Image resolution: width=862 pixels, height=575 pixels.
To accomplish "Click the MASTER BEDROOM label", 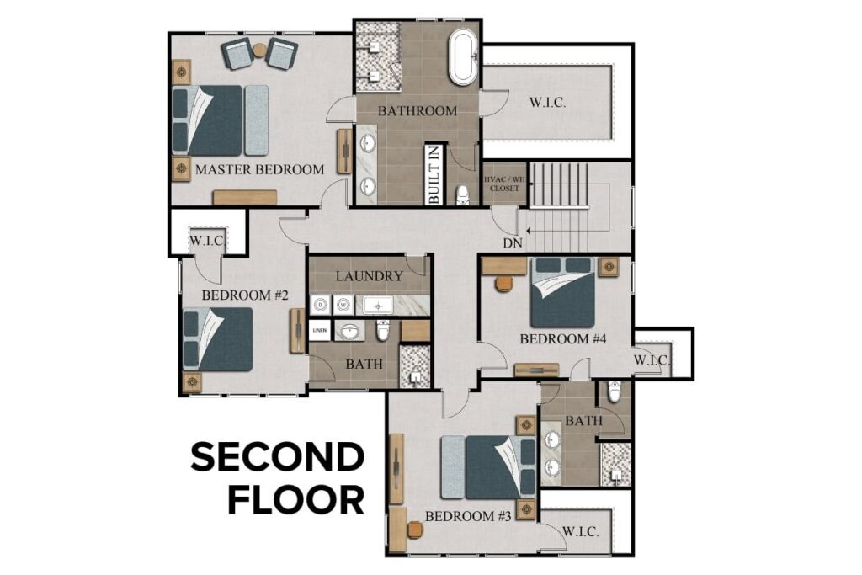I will click(x=259, y=169).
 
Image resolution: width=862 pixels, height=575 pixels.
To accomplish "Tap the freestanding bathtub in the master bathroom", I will click(x=462, y=57).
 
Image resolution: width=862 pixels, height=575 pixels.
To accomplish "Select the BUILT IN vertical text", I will click(x=434, y=175).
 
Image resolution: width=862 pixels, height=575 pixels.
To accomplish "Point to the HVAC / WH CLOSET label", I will click(x=504, y=184).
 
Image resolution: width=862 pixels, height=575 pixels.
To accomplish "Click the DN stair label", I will click(x=513, y=243).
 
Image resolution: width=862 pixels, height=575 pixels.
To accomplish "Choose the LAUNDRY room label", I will click(x=369, y=276).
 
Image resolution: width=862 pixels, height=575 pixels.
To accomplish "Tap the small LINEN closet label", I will click(x=320, y=331).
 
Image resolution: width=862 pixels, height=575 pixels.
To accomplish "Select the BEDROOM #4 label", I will click(x=551, y=339).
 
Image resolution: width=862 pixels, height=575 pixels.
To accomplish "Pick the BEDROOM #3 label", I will click(x=469, y=516).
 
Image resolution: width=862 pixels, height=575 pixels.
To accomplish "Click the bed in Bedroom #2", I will click(x=218, y=338).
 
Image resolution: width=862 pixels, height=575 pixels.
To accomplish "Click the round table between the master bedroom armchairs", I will click(x=259, y=51).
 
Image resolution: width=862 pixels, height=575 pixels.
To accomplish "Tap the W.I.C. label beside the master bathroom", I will click(x=547, y=103).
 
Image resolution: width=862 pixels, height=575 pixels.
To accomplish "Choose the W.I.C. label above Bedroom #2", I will click(x=206, y=242).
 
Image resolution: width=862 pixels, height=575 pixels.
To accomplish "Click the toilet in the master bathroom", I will click(x=462, y=195).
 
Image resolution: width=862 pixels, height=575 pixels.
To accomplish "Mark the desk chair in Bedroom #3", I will click(x=414, y=530).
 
